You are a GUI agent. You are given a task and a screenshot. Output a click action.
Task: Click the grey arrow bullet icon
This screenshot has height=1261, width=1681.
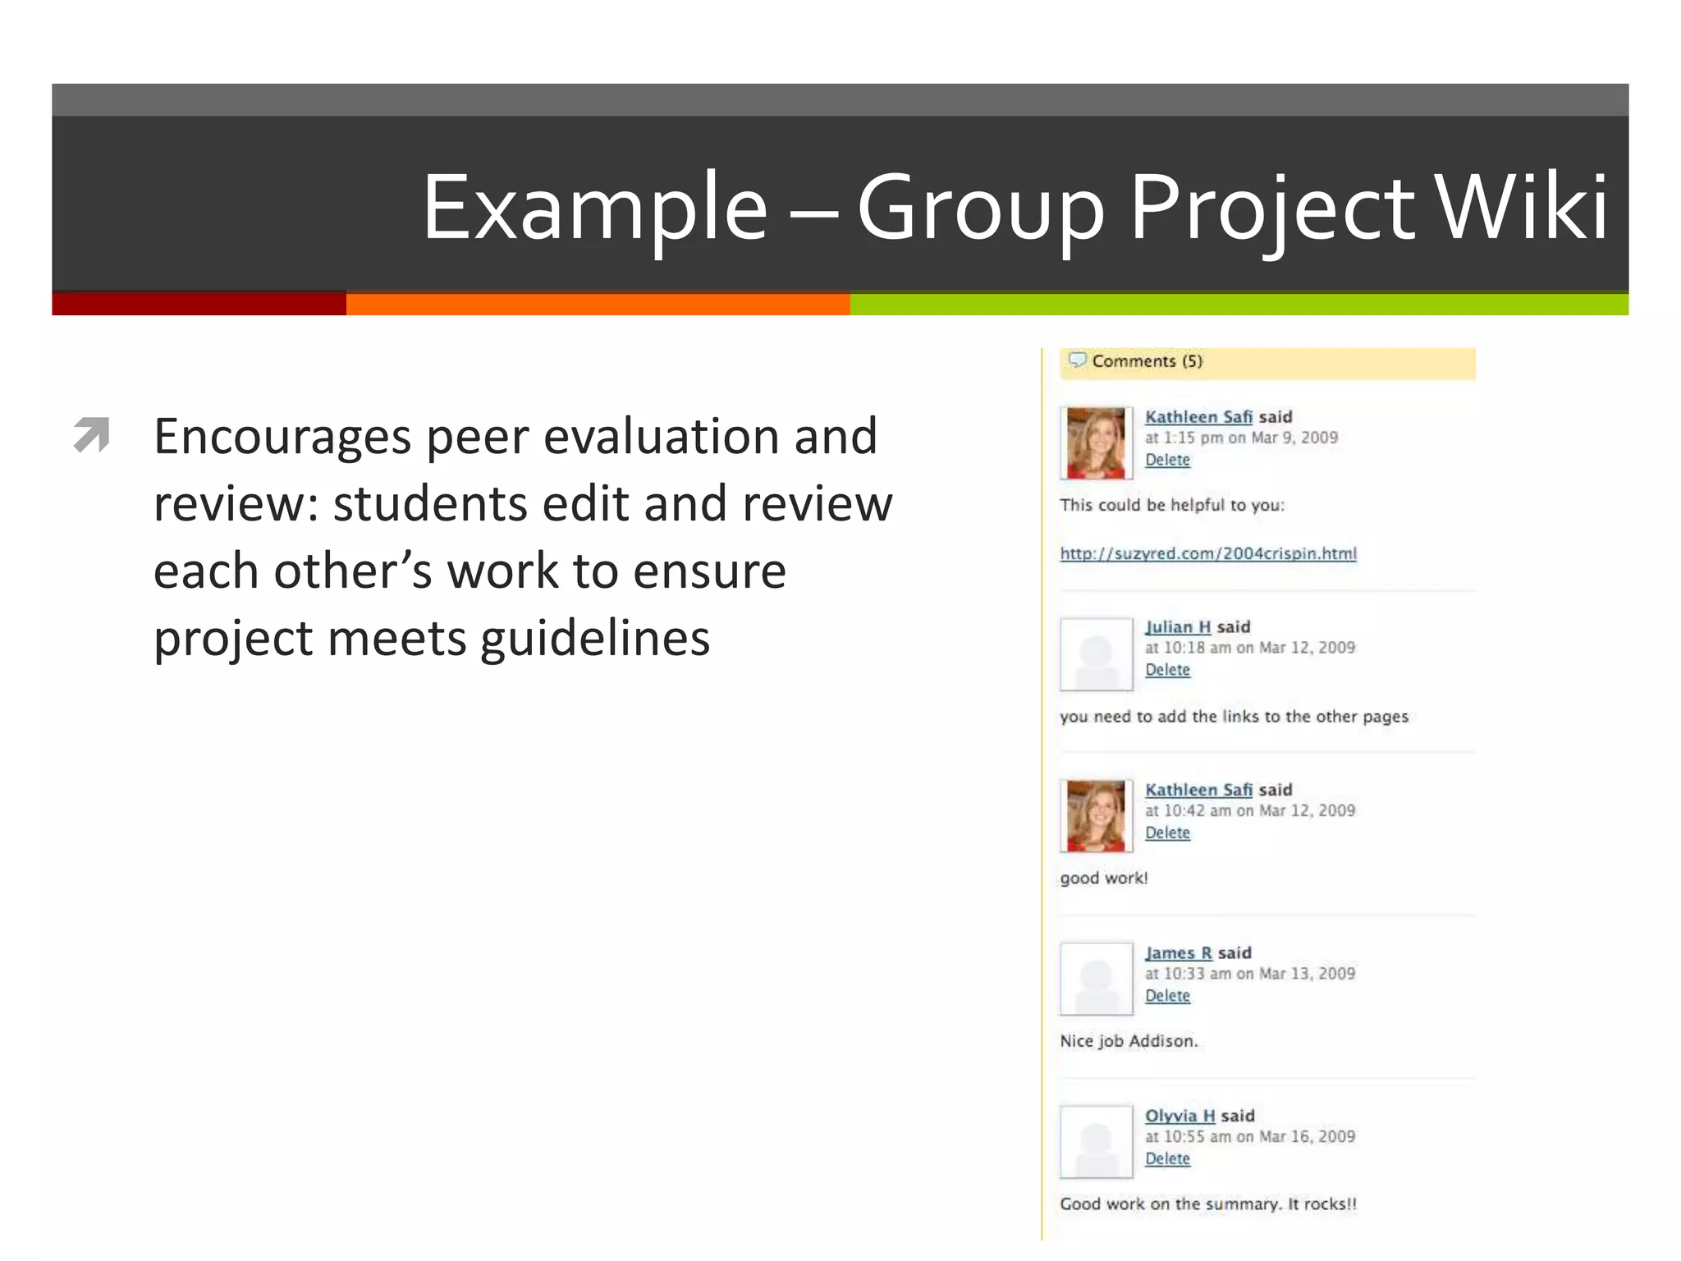click(91, 434)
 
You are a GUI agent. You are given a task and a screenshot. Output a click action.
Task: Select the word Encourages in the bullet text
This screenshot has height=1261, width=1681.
click(282, 436)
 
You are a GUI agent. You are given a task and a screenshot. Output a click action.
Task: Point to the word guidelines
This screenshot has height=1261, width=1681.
click(595, 639)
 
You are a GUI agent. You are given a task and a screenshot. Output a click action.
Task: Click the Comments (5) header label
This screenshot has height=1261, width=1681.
click(1147, 361)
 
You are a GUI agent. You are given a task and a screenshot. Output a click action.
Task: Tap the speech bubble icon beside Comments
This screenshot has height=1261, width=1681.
click(1077, 360)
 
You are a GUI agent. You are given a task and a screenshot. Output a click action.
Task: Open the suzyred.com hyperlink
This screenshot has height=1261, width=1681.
click(1208, 553)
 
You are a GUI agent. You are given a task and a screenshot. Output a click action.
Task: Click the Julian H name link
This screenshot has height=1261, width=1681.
click(1178, 627)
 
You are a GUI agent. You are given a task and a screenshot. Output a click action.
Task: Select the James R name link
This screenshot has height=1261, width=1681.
click(1179, 953)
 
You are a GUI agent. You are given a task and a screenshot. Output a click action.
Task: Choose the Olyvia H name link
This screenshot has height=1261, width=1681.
click(1180, 1116)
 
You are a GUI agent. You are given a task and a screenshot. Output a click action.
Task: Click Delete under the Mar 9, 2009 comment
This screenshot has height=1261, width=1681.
click(1167, 460)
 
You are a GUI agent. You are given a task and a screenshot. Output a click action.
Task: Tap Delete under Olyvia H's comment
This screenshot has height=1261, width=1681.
click(1167, 1158)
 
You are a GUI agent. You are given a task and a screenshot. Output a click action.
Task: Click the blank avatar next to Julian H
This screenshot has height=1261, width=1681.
click(1096, 654)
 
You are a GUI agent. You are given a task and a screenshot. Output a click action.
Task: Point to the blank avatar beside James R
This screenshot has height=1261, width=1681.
click(1096, 979)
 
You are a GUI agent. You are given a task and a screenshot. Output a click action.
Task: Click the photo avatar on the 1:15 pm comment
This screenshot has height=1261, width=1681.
click(1096, 443)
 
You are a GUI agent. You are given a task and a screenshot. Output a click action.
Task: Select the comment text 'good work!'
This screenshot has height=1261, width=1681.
click(1104, 878)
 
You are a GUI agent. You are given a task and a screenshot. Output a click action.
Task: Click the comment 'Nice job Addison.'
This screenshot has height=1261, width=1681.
click(1129, 1041)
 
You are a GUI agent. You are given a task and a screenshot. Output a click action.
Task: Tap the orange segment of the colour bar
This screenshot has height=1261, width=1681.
click(598, 305)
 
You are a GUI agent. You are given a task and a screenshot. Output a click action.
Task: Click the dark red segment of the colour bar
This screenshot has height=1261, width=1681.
click(199, 305)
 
